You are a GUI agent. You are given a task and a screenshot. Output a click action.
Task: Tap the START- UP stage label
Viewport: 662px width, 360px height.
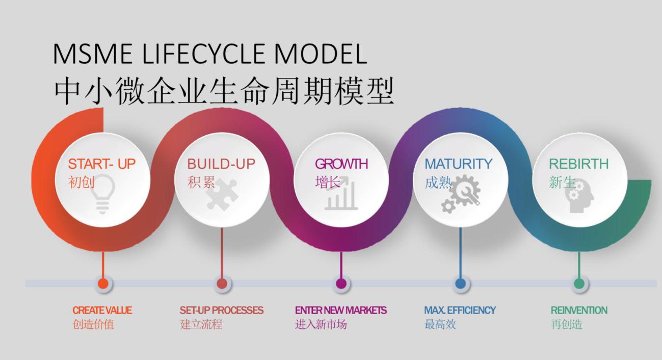coord(102,164)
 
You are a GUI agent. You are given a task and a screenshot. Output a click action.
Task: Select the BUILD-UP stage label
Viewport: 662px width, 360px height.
coord(221,164)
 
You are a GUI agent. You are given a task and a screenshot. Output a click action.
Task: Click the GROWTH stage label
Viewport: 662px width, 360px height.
coord(341,164)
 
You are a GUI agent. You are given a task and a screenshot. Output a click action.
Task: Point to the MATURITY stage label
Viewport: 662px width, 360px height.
coord(458,164)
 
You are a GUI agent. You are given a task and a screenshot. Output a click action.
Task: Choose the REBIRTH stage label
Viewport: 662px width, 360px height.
coord(578,164)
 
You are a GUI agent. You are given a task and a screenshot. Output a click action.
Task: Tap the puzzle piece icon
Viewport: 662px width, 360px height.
coord(222,194)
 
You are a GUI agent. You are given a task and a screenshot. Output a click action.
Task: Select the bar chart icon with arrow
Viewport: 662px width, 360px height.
coord(341,194)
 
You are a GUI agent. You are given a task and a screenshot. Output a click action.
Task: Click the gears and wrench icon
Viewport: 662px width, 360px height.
coord(461,194)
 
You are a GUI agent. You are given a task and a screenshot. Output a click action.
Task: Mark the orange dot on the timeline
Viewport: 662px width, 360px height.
coord(103,284)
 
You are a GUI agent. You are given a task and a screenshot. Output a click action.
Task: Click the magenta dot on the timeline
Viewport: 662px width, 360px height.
coord(341,284)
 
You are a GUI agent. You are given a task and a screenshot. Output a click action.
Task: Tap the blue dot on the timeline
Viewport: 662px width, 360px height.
coord(460,284)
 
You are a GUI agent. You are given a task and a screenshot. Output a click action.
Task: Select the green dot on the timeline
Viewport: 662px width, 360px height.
coord(579,284)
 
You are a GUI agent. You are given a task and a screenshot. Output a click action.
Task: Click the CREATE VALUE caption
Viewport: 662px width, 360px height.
coord(102,310)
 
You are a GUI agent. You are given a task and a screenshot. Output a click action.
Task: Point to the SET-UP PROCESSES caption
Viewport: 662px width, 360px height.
coord(221,310)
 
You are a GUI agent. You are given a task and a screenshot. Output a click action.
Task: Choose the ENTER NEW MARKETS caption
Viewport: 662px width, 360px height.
coord(340,310)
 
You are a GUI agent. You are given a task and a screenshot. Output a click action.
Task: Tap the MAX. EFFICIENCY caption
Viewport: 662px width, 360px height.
coord(460,310)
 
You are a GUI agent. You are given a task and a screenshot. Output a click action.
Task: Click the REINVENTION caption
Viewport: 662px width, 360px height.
coord(579,310)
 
